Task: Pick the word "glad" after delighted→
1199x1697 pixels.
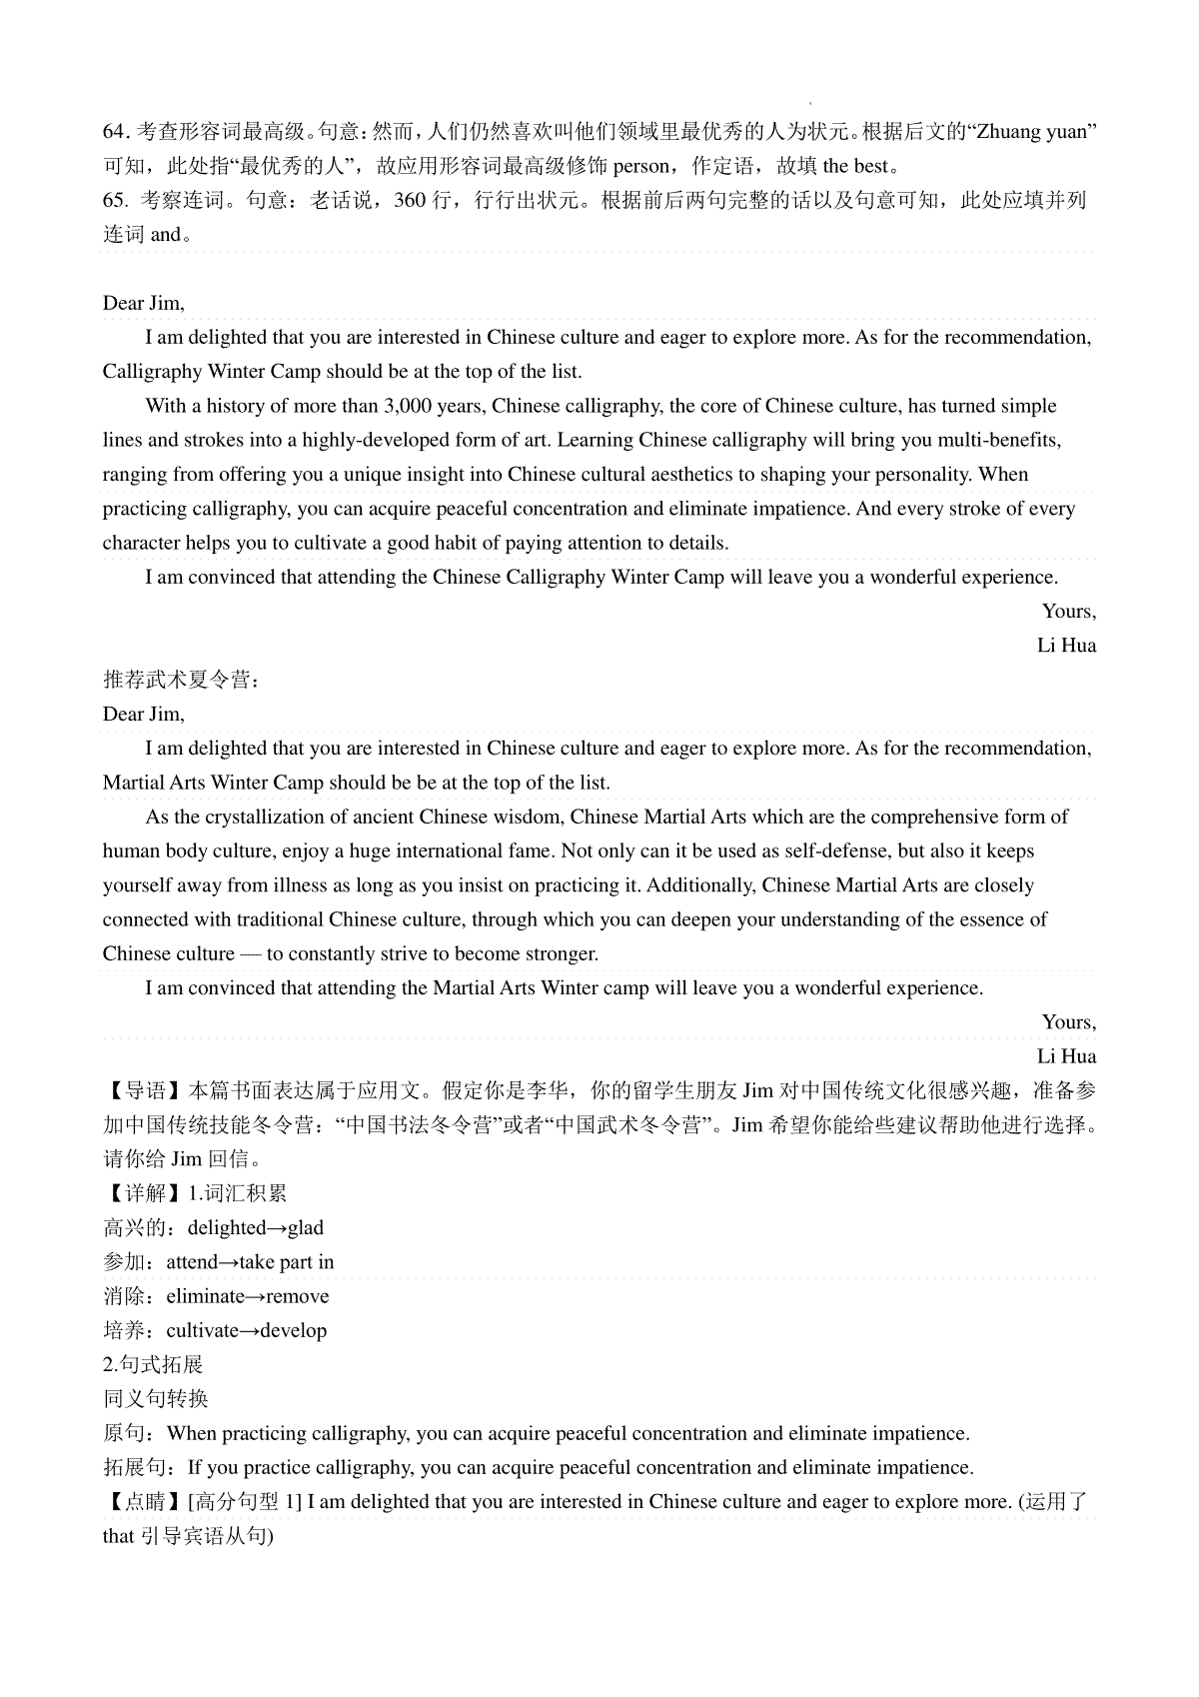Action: tap(306, 1228)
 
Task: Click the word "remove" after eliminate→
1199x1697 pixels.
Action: tap(297, 1297)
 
